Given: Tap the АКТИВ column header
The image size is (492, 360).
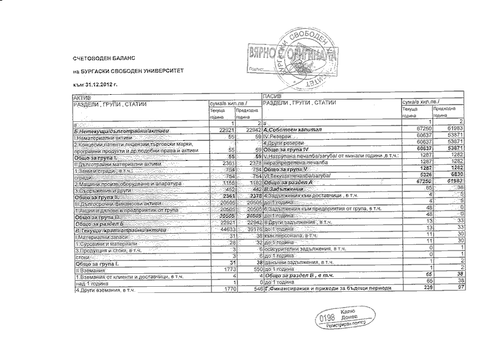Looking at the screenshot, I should tap(82, 98).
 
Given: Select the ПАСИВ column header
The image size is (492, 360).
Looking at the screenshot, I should tap(272, 98).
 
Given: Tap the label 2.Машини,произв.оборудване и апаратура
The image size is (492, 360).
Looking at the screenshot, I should tap(125, 183).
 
